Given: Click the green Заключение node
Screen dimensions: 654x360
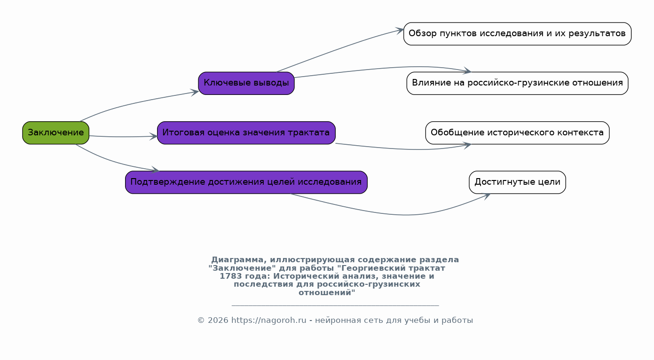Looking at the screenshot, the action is tap(56, 133).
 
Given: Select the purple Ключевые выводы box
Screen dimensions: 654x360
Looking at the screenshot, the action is tap(246, 83).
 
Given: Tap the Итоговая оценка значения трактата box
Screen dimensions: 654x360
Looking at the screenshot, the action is tap(246, 133).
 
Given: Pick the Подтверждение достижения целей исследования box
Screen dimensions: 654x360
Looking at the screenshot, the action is tap(246, 182).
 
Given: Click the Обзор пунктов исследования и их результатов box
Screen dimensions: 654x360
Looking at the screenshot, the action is tap(517, 34).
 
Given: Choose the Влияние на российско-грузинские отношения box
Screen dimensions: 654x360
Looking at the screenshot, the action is tap(517, 83).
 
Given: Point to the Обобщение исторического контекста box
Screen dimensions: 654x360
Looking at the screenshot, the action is tap(517, 133).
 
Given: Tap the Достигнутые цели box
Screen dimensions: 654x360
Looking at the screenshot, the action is tap(517, 182).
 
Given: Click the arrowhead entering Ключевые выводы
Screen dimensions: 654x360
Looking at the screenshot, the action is tap(195, 93).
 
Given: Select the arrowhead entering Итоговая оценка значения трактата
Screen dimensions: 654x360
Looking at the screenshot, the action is tap(154, 136).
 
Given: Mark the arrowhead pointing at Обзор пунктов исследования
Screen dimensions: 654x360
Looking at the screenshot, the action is tap(400, 31).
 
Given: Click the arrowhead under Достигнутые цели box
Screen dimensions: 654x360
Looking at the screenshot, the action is tap(487, 196).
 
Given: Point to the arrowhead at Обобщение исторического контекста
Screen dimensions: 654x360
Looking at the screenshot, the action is tap(468, 145).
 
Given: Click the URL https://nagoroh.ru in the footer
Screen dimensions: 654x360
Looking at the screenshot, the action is tap(268, 321).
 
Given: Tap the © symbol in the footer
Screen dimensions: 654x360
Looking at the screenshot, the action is tap(201, 321).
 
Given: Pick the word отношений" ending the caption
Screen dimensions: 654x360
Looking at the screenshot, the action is tap(327, 292).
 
